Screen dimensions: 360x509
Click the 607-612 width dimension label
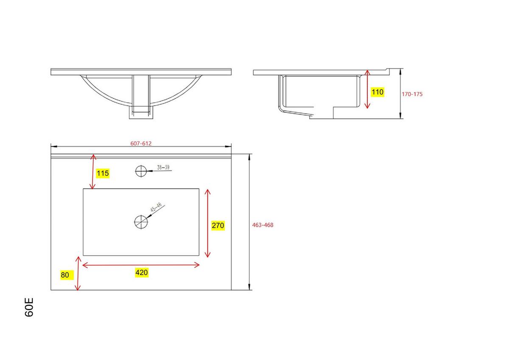pyautogui.click(x=141, y=143)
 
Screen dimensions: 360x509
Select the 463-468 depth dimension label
pyautogui.click(x=263, y=225)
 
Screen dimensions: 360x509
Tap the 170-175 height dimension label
pyautogui.click(x=412, y=94)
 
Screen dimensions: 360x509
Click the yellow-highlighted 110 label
pyautogui.click(x=378, y=92)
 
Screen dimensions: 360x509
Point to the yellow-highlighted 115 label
pyautogui.click(x=103, y=173)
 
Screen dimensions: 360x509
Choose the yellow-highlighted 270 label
pyautogui.click(x=218, y=226)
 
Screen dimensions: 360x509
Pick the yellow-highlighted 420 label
pyautogui.click(x=141, y=273)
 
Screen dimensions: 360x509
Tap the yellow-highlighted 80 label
pyautogui.click(x=65, y=275)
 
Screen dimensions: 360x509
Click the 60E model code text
pyautogui.click(x=29, y=307)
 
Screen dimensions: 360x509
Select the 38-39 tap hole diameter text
pyautogui.click(x=163, y=167)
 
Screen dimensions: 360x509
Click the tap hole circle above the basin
pyautogui.click(x=140, y=171)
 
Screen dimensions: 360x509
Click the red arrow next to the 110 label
pyautogui.click(x=368, y=89)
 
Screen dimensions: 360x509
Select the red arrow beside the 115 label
pyautogui.click(x=93, y=172)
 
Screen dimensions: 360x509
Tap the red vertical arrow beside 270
pyautogui.click(x=207, y=223)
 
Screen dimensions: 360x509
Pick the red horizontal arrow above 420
pyautogui.click(x=141, y=265)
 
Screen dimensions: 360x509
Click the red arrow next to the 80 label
pyautogui.click(x=78, y=273)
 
